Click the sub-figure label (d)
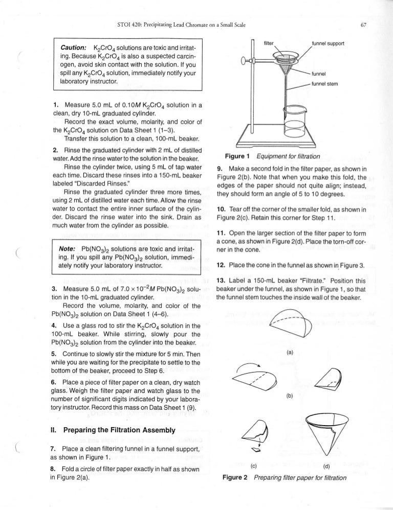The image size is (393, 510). (x=326, y=480)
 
